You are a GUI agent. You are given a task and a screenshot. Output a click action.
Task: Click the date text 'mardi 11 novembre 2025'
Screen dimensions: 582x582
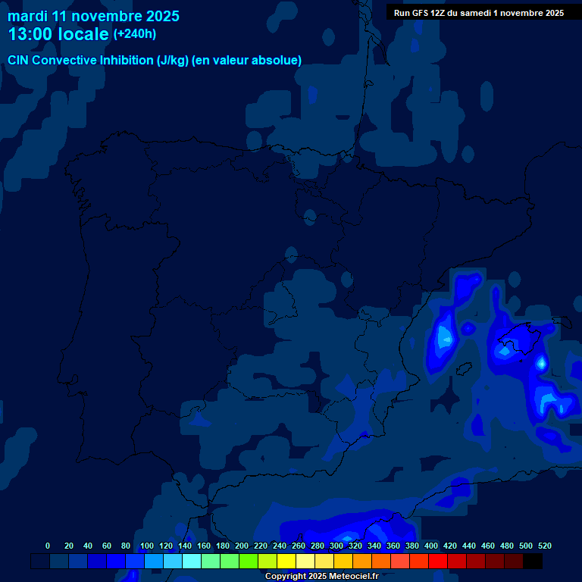point(93,16)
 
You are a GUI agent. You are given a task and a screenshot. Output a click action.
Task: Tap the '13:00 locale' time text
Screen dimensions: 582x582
point(58,34)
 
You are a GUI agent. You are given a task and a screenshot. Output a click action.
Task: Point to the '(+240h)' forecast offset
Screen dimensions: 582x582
point(135,33)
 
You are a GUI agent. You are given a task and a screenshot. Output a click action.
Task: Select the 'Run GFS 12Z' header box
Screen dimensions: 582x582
point(478,12)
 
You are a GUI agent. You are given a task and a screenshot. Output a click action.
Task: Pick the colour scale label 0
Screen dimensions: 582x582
point(48,546)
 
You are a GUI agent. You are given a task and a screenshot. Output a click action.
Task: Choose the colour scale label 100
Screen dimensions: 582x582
point(147,546)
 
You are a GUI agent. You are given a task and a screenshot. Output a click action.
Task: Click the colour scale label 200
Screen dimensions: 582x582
point(242,546)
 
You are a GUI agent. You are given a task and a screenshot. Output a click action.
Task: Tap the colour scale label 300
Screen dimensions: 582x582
point(336,546)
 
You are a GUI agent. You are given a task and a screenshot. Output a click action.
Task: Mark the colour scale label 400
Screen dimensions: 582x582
point(431,546)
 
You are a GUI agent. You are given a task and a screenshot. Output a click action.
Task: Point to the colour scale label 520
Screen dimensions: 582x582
point(545,546)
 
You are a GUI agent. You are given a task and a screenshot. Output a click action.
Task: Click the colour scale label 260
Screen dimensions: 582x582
point(299,546)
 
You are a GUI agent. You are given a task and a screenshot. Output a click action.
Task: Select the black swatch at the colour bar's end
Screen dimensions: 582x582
point(533,561)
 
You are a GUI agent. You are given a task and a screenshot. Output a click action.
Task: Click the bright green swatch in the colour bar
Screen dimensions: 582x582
point(249,561)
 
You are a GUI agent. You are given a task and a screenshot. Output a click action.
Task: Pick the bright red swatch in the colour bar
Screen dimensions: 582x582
point(438,561)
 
